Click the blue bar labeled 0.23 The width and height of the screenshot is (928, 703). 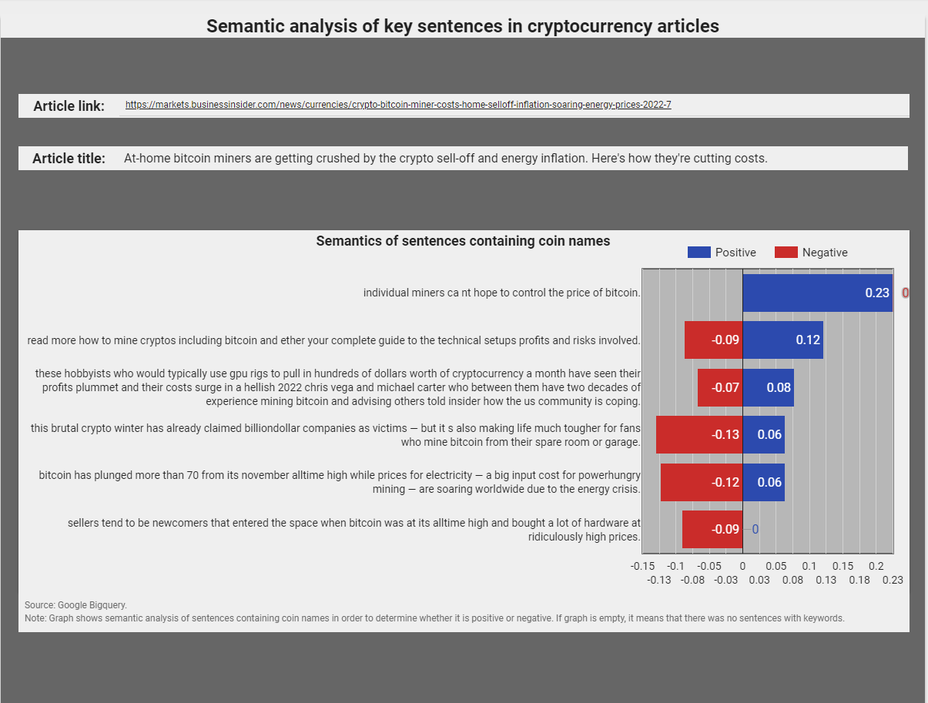[x=818, y=293]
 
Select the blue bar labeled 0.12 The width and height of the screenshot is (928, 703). [x=783, y=340]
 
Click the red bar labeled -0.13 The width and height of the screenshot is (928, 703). [x=699, y=434]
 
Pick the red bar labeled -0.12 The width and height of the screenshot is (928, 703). [x=702, y=482]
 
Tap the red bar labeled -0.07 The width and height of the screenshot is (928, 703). [x=720, y=387]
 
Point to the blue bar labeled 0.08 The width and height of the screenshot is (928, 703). [x=768, y=387]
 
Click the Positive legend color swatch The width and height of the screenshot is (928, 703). [x=699, y=253]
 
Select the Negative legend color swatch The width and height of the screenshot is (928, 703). [x=786, y=253]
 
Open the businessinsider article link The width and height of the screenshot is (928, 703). [x=398, y=105]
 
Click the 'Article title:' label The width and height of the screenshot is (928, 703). [x=69, y=159]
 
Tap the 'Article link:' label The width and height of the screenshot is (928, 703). [x=69, y=106]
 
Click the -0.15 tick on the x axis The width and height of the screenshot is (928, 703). [x=642, y=566]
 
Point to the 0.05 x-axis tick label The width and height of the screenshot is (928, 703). [x=776, y=566]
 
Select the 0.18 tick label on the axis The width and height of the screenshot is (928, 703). [x=859, y=580]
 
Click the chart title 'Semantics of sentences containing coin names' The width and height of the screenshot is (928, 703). [x=463, y=241]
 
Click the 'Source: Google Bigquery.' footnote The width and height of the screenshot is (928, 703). [x=75, y=605]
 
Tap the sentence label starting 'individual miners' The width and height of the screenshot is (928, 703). [x=502, y=293]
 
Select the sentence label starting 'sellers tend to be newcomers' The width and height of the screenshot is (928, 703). [x=354, y=530]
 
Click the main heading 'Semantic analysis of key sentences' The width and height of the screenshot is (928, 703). [x=463, y=26]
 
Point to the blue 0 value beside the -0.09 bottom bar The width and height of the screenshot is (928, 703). [x=755, y=529]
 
